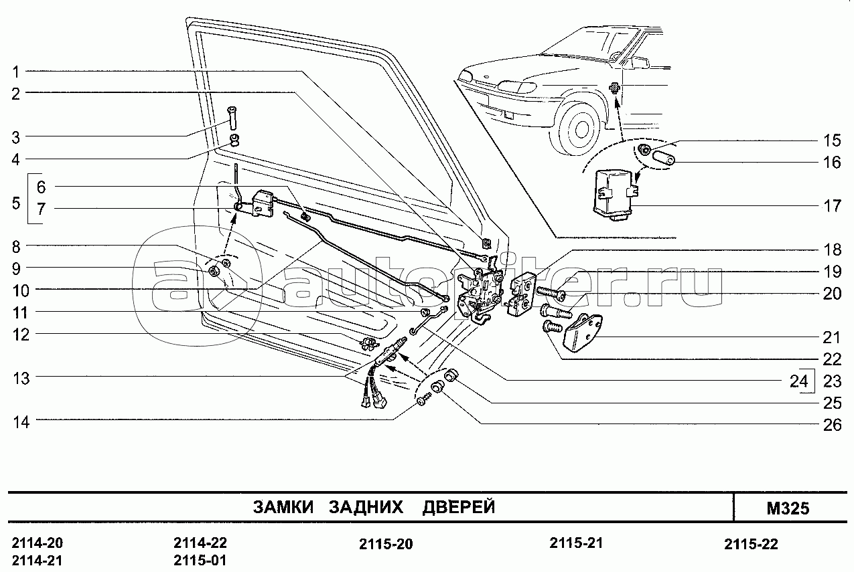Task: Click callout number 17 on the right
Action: tap(833, 206)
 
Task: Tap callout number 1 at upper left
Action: tap(16, 71)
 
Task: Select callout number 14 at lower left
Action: tap(21, 422)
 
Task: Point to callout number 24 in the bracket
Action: tap(798, 381)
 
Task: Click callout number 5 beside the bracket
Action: tap(15, 203)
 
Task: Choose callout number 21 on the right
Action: tap(832, 338)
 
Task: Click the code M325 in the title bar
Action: tap(788, 508)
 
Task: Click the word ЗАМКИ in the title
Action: tap(283, 507)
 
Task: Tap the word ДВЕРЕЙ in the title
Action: tap(458, 507)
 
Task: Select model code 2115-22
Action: tap(751, 544)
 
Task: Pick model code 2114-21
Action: tap(38, 561)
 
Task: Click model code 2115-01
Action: tap(200, 561)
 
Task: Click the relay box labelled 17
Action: tap(615, 195)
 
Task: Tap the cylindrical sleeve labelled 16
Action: tap(663, 158)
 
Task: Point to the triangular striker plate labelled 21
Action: tap(583, 332)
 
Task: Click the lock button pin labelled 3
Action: tap(232, 118)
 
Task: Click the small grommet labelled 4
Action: tap(234, 139)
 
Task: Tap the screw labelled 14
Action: tap(423, 400)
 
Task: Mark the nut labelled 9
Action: tap(213, 271)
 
